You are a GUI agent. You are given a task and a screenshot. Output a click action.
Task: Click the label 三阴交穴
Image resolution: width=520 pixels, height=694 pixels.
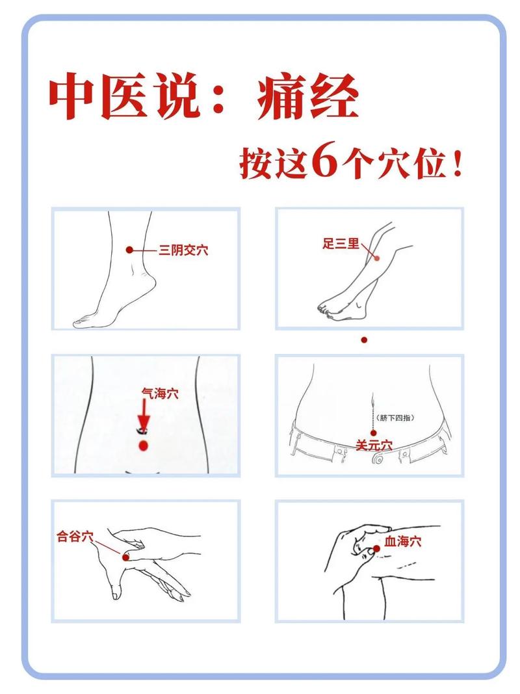click(x=183, y=250)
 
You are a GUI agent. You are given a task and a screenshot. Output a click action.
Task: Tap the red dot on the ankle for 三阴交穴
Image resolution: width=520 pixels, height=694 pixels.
click(x=130, y=250)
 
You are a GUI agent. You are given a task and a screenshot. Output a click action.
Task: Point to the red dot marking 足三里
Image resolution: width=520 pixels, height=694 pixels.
click(x=376, y=258)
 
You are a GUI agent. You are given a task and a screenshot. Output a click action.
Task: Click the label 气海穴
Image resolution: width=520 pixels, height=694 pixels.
click(x=160, y=393)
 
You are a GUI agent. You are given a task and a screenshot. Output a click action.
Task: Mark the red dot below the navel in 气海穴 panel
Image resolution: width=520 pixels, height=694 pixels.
click(x=144, y=446)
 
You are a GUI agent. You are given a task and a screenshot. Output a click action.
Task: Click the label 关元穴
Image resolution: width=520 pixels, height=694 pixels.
click(x=374, y=446)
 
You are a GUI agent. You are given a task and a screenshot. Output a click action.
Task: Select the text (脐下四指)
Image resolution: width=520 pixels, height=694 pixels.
click(x=395, y=418)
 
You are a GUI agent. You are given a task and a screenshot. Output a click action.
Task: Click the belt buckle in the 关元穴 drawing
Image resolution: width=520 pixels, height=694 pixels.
click(x=376, y=460)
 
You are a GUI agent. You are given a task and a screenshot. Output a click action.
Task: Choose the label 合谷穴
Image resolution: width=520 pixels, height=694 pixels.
click(x=75, y=537)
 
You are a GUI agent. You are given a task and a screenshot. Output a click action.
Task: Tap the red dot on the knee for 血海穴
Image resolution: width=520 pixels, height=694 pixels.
click(x=376, y=550)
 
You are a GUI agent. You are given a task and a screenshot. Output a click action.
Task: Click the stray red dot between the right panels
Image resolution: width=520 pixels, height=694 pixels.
click(x=365, y=340)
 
